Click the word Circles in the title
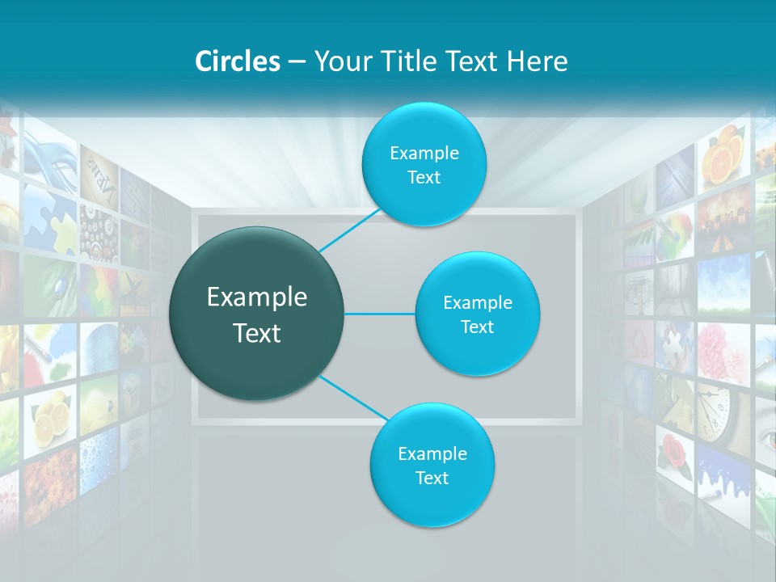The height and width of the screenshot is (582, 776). pos(237,61)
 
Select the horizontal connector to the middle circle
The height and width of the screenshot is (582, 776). pos(380,314)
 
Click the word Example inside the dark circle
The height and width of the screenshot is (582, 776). pos(256,297)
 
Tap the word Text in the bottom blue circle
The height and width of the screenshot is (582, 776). pos(432,478)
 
